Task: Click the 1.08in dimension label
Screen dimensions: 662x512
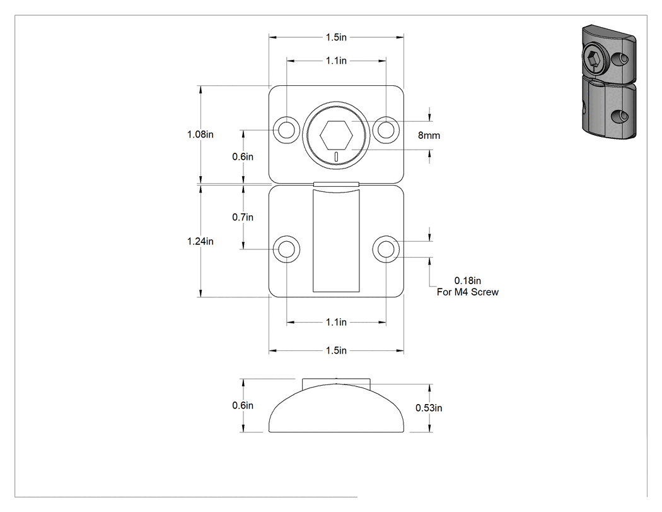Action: [x=200, y=134]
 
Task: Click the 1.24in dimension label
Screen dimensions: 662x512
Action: [x=200, y=241]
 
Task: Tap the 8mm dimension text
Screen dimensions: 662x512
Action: [x=429, y=136]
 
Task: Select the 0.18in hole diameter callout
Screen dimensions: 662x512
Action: [x=467, y=281]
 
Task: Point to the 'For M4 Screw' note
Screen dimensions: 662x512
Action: [x=468, y=292]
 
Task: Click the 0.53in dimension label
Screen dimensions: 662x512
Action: [x=429, y=408]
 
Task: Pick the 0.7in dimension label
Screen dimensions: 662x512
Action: [x=243, y=217]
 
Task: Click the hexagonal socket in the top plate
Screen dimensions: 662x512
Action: [x=336, y=135]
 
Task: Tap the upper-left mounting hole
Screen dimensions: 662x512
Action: [x=287, y=129]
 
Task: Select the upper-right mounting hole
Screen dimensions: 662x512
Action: [x=386, y=129]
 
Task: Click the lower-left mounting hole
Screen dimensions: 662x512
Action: [x=287, y=249]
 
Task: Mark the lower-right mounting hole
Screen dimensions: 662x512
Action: [x=386, y=249]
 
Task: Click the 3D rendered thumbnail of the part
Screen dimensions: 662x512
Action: [x=609, y=82]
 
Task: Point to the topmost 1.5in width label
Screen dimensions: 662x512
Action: [x=336, y=38]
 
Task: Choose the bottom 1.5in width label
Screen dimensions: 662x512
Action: [x=336, y=351]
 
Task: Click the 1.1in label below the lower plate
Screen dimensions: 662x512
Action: [x=336, y=323]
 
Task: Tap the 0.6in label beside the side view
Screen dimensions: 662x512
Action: [x=243, y=406]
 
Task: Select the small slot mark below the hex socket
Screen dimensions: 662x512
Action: [x=336, y=157]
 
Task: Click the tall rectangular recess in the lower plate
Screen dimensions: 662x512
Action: [x=336, y=241]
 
